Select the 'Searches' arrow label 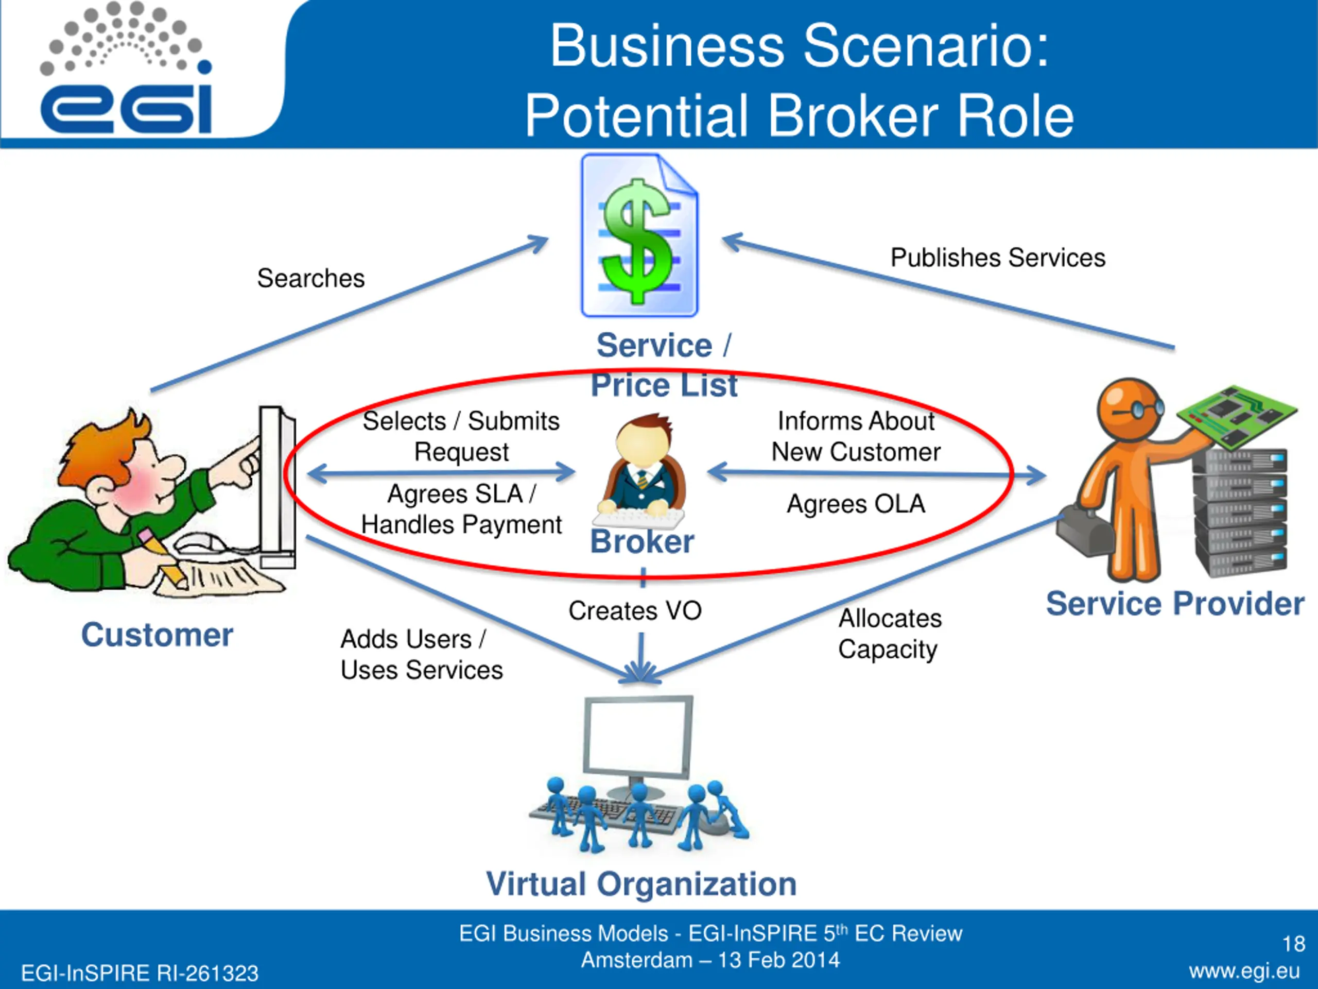click(x=310, y=278)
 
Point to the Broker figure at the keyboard click(x=643, y=471)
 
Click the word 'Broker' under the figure click(x=643, y=542)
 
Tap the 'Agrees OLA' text click(x=856, y=504)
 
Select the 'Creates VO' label click(x=635, y=611)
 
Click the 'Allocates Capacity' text click(x=889, y=634)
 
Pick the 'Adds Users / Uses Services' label click(x=421, y=655)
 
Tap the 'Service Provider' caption click(x=1175, y=604)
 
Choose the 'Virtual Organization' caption click(x=641, y=883)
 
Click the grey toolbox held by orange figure click(x=1084, y=532)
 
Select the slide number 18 click(x=1294, y=944)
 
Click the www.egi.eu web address click(x=1244, y=971)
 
